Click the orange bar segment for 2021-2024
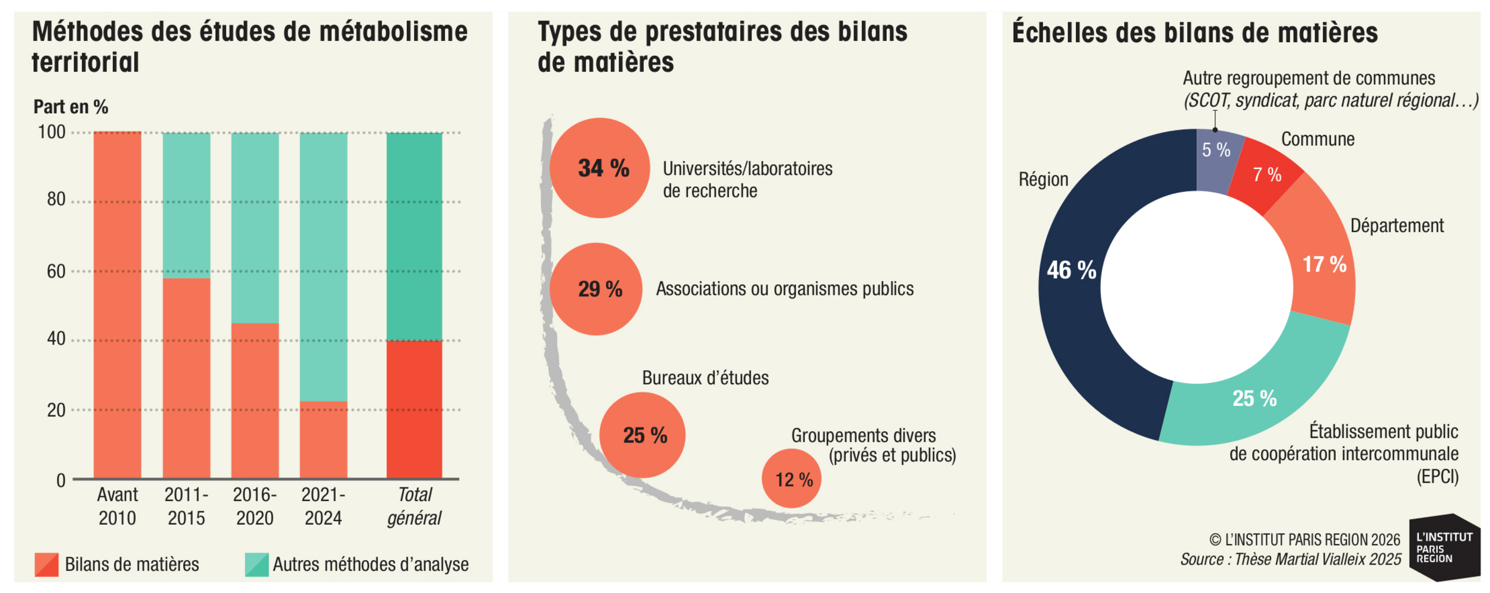coord(323,439)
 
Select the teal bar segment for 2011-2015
coord(186,205)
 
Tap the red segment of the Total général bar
coord(414,409)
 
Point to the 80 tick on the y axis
coord(56,199)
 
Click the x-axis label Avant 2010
coord(117,506)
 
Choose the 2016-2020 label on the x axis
coord(255,506)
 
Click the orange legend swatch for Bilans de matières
coord(47,565)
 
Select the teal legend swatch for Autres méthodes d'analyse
coord(257,565)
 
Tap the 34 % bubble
coord(600,168)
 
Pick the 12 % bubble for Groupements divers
coord(791,478)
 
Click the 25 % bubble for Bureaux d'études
coord(642,435)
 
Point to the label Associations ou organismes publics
coord(785,289)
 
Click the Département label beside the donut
coord(1397,226)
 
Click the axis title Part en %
coord(71,107)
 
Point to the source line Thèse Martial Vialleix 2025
coord(1291,560)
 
